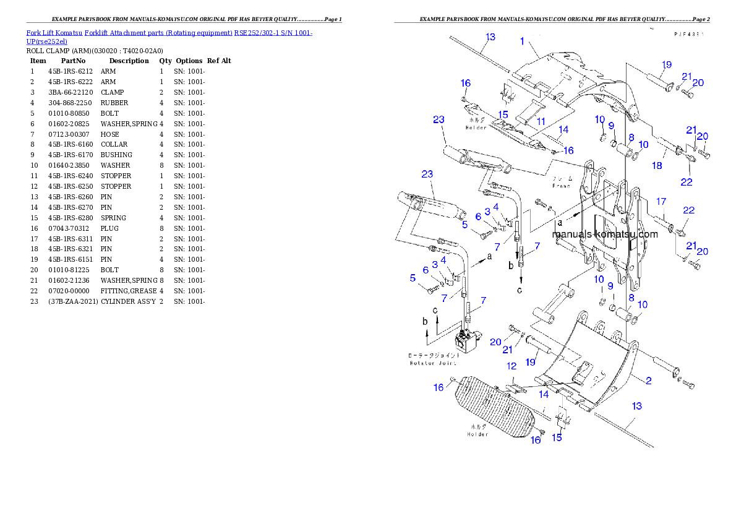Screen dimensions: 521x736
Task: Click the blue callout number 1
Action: tap(523, 42)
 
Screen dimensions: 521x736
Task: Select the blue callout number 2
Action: tap(649, 381)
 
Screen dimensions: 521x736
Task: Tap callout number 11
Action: tap(541, 122)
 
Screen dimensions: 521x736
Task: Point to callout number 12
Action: tap(511, 366)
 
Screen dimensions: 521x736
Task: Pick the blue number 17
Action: tap(661, 201)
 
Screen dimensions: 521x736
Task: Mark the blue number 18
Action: tap(657, 165)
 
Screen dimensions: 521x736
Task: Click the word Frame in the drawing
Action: tap(561, 186)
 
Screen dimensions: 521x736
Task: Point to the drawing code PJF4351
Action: tap(689, 35)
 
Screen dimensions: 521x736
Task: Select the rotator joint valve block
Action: tap(466, 341)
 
